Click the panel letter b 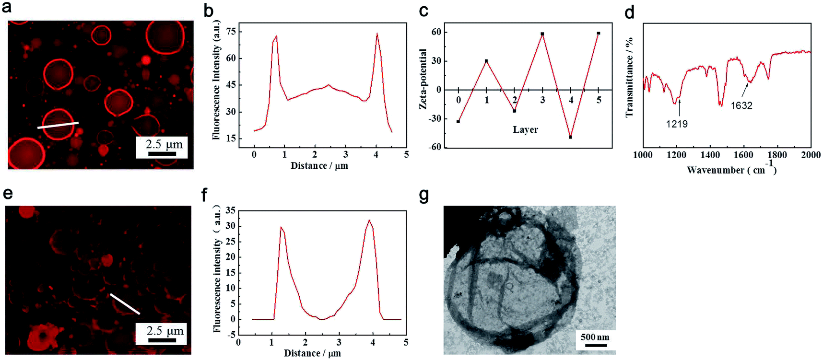(x=208, y=11)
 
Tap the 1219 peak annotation (x=677, y=124)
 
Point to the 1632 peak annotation (x=741, y=105)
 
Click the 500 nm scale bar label (x=595, y=337)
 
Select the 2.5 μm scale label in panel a (x=165, y=144)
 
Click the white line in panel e (x=125, y=304)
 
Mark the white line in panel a (x=58, y=126)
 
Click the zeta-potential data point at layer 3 (x=542, y=34)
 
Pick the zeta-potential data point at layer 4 (x=571, y=137)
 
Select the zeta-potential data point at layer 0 (x=459, y=122)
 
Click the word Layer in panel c (x=525, y=130)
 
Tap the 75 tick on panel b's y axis (x=231, y=32)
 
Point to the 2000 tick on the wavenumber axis (x=811, y=155)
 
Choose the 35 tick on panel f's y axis (x=230, y=210)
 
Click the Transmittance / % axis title (x=630, y=77)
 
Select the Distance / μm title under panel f (x=312, y=353)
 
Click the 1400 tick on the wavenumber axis (x=710, y=155)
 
